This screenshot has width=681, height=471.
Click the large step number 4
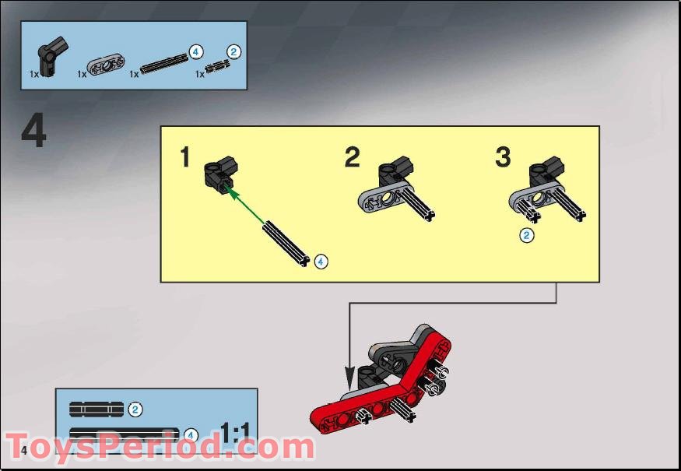[x=33, y=132]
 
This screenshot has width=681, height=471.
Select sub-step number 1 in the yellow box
[x=184, y=158]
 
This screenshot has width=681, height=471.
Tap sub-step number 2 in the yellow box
[x=353, y=158]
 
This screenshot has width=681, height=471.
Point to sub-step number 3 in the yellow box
[x=503, y=157]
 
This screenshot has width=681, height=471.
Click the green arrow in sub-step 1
[x=249, y=205]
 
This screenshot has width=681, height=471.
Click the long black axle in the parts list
[x=163, y=63]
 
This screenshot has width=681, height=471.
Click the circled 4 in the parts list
[x=195, y=52]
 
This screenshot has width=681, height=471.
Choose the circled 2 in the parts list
[x=234, y=52]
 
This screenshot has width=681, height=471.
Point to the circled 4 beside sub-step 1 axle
[x=321, y=261]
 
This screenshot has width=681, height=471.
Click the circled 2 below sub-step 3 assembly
[x=527, y=234]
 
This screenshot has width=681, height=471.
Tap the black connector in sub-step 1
[x=220, y=173]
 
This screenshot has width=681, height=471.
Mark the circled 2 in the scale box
[x=135, y=409]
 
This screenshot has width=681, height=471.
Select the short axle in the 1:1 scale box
[x=96, y=409]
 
